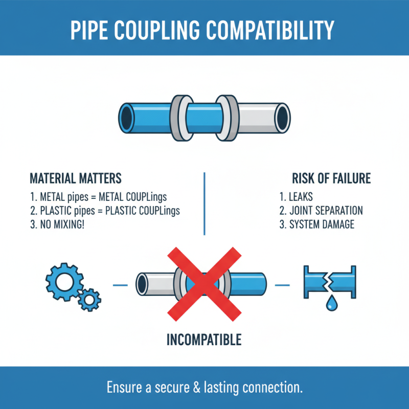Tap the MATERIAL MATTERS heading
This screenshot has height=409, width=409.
pyautogui.click(x=75, y=178)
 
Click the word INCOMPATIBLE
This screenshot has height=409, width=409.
pyautogui.click(x=204, y=339)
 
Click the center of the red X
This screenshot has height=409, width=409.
pyautogui.click(x=203, y=283)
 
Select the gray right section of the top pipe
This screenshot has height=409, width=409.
pyautogui.click(x=261, y=117)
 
